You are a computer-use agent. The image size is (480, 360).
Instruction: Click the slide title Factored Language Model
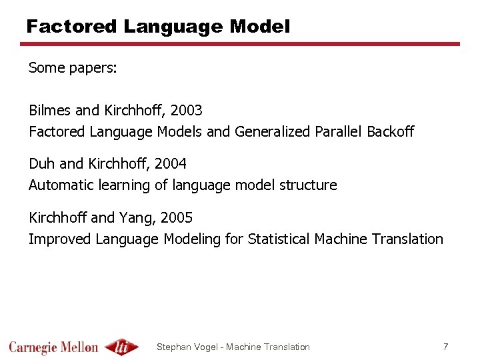(158, 27)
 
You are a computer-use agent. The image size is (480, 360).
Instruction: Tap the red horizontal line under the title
(240, 45)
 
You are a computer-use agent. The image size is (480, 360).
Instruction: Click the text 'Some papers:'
(73, 68)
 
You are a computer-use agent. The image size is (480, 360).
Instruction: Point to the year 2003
(186, 110)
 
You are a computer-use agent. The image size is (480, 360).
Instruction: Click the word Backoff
(390, 131)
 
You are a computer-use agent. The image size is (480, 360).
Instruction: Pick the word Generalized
(272, 131)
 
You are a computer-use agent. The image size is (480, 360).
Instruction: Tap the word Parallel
(338, 131)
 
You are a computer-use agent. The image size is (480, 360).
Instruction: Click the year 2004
(170, 163)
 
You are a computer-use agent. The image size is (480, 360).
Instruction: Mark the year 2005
(177, 217)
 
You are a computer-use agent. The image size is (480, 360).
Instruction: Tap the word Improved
(61, 239)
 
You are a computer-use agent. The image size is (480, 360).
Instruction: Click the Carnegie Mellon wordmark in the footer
(53, 347)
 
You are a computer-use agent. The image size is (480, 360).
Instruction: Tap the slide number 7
(445, 347)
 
